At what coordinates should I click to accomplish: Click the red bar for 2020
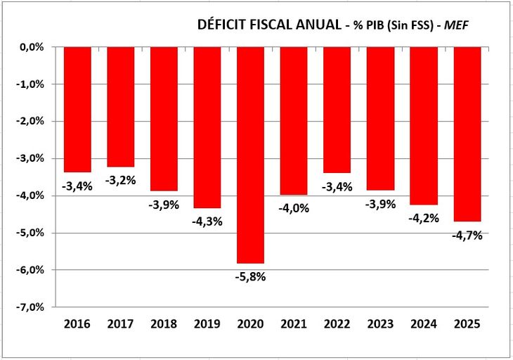click(251, 155)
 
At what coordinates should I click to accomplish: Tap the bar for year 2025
click(467, 134)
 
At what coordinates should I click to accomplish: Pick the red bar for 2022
click(337, 110)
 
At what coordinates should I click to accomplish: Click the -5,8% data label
click(251, 276)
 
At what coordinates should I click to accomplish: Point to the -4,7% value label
click(467, 236)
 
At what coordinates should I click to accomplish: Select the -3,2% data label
click(121, 180)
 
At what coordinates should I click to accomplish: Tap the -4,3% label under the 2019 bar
click(207, 221)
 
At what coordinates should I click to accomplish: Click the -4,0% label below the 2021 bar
click(294, 208)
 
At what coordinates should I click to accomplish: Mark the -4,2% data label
click(424, 217)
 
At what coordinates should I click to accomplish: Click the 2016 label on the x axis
click(77, 324)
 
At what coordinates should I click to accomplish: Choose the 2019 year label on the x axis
click(207, 324)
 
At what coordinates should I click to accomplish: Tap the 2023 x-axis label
click(381, 324)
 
